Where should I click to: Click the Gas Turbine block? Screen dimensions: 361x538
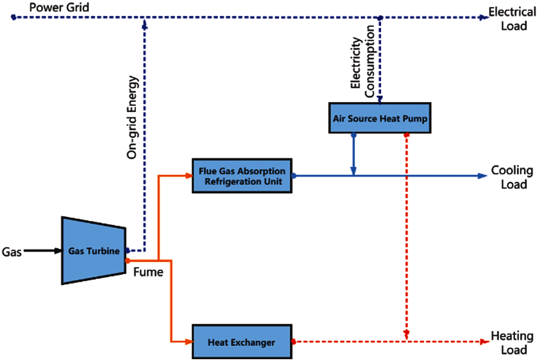point(94,251)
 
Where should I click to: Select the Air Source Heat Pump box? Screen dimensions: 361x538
point(380,118)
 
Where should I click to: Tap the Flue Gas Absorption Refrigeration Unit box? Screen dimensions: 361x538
point(242,176)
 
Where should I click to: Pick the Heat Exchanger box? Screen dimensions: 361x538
point(242,342)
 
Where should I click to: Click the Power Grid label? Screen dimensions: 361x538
point(59,7)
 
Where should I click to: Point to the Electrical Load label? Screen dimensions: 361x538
point(513,19)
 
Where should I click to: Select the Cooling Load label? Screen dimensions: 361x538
point(513,177)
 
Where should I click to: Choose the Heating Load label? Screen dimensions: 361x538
point(513,343)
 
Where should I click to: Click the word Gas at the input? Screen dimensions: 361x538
point(12,252)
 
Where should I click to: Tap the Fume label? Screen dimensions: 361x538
point(148,272)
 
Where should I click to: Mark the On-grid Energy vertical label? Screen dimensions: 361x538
point(132,117)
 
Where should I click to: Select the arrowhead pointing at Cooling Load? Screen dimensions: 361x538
point(482,176)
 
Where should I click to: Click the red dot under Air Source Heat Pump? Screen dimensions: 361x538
point(406,135)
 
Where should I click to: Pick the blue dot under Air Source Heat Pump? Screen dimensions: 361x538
point(354,135)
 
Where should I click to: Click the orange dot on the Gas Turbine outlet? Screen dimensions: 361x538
point(128,260)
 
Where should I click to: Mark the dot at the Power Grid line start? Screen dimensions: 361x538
point(14,17)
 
